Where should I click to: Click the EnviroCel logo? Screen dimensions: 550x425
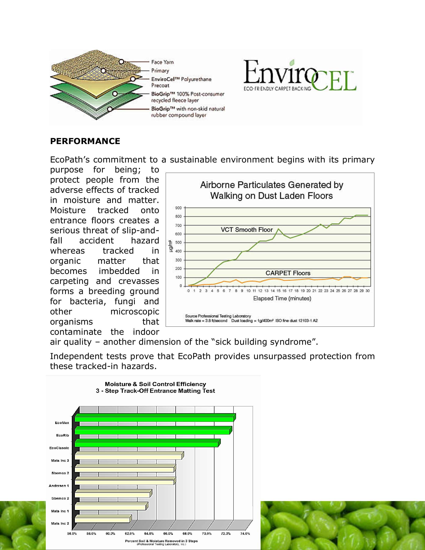click(x=300, y=75)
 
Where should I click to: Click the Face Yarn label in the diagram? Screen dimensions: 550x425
click(x=162, y=62)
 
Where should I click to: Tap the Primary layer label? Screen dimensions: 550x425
click(x=160, y=71)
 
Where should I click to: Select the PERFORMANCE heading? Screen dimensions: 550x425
click(x=85, y=141)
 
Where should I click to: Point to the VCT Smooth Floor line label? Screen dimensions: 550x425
click(x=247, y=230)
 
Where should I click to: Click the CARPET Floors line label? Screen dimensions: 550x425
click(x=288, y=273)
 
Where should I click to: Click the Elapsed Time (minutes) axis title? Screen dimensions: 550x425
click(x=282, y=299)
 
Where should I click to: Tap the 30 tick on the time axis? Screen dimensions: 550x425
click(x=368, y=291)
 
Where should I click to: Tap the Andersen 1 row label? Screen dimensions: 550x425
click(x=59, y=486)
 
